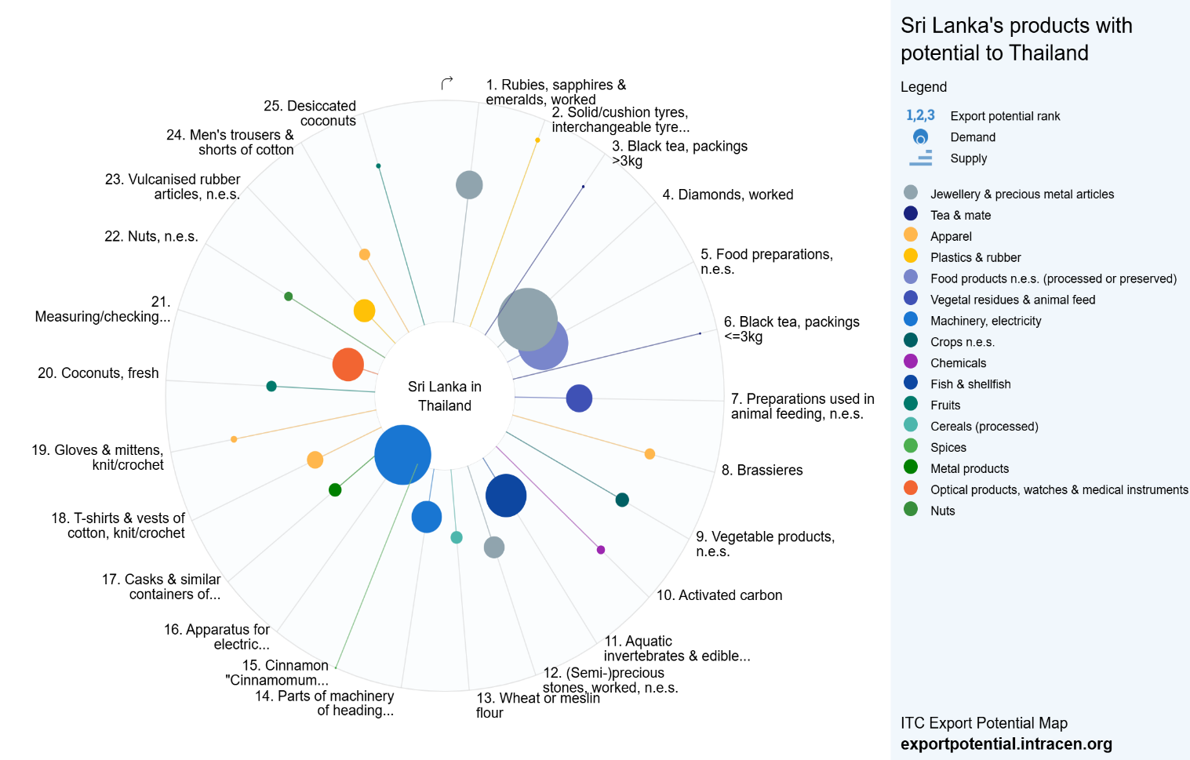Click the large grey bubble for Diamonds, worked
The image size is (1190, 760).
527,320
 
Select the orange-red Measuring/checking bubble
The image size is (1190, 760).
348,365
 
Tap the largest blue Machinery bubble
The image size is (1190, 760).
402,455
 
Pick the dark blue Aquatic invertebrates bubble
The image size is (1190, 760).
506,496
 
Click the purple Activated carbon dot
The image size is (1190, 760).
601,550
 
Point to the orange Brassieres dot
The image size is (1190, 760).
650,453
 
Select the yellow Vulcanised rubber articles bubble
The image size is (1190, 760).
365,311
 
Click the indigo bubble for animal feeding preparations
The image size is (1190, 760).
579,398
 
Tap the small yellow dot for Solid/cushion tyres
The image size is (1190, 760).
537,140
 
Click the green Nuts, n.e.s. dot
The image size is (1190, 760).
289,296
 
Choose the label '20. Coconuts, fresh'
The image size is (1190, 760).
98,373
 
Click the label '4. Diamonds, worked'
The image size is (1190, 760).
728,195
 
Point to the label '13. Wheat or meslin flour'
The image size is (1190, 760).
537,705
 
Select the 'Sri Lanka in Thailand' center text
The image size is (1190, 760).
445,396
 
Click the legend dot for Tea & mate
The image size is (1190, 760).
911,213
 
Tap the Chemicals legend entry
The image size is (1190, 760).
945,362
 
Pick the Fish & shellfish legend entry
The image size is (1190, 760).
957,384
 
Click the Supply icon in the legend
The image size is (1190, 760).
921,158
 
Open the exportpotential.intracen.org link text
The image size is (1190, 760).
1006,744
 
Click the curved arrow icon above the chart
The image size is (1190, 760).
447,83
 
